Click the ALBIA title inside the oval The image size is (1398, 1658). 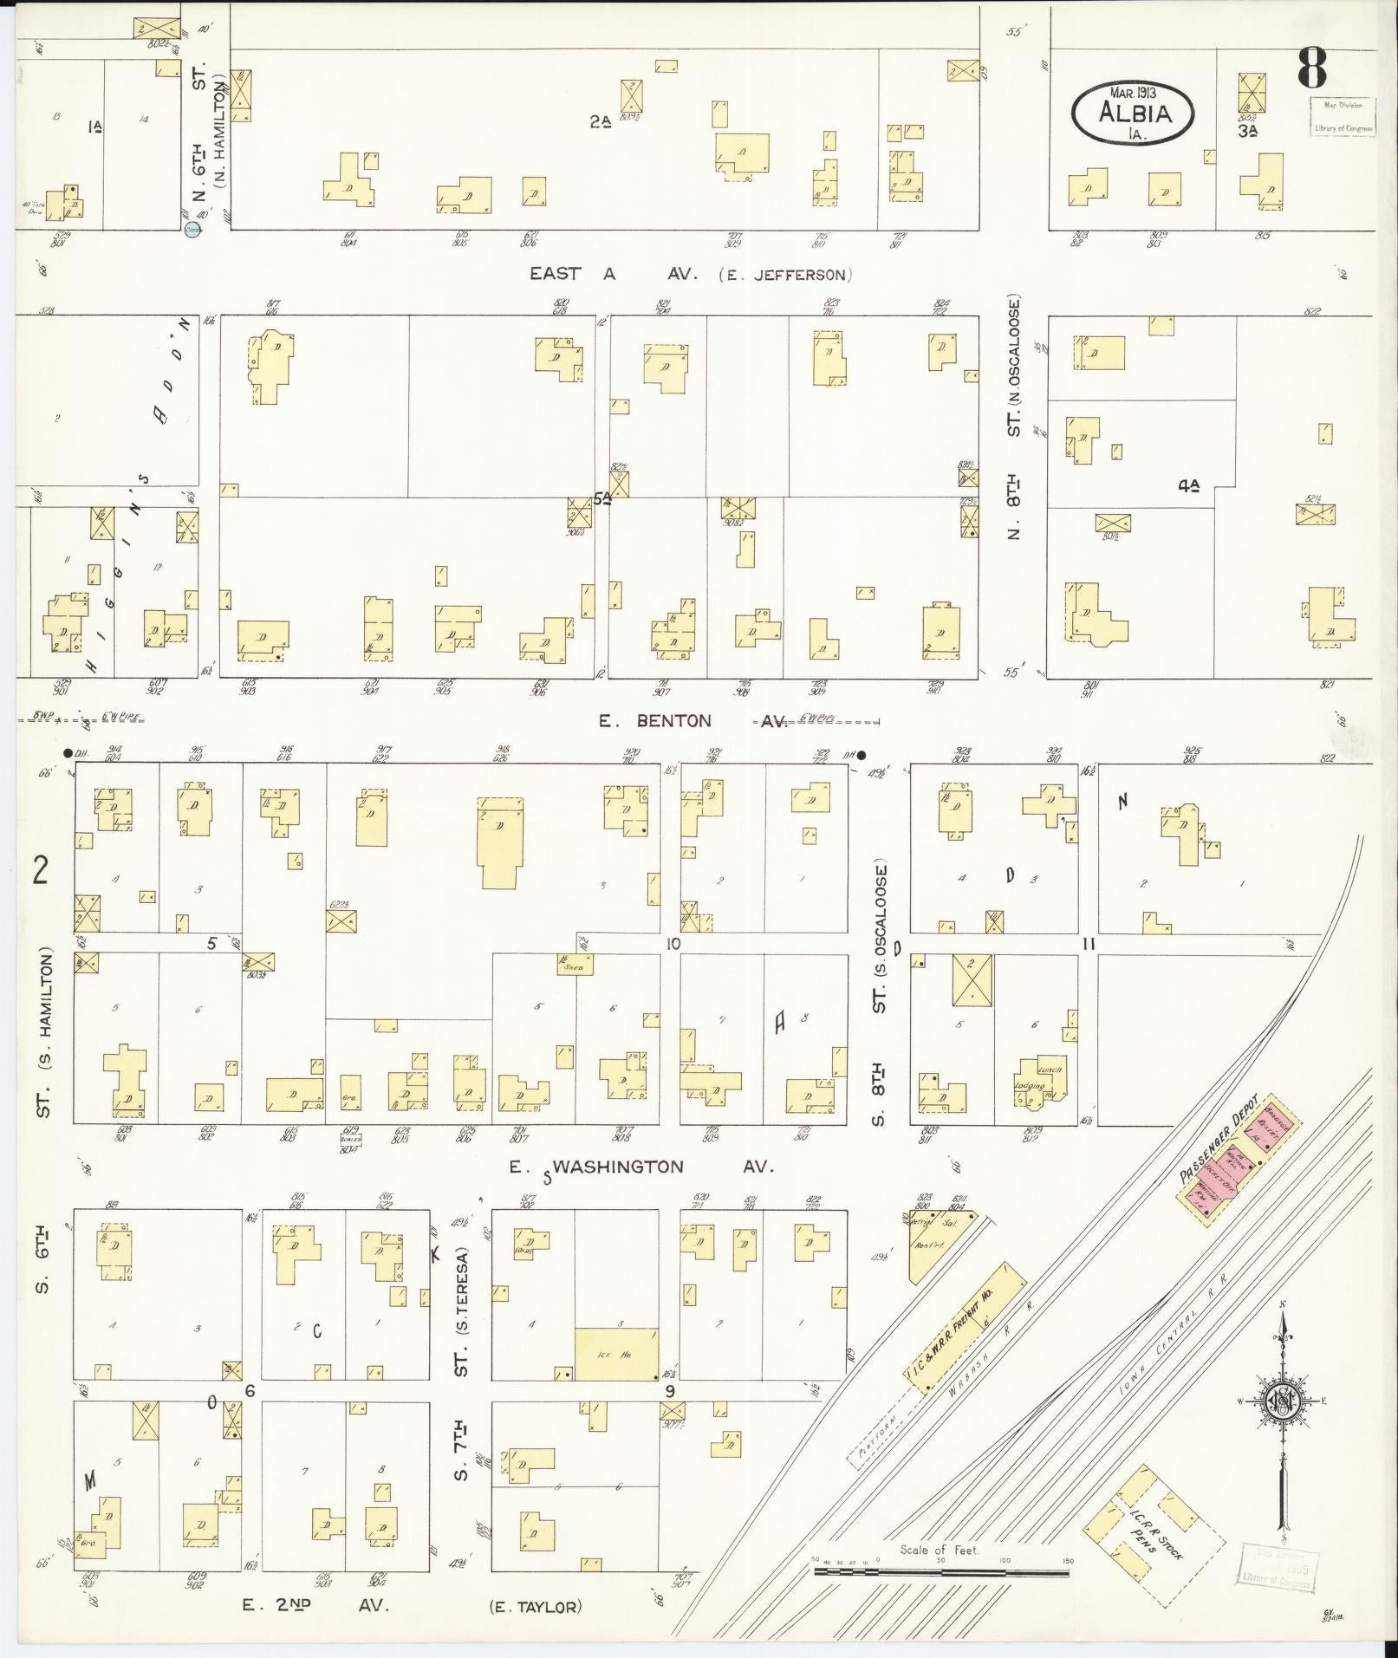(x=1134, y=113)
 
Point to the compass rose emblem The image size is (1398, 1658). (x=1279, y=1402)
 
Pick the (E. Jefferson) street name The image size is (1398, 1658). (x=785, y=275)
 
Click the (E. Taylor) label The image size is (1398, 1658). (x=535, y=1607)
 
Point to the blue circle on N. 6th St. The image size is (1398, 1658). (x=193, y=230)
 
